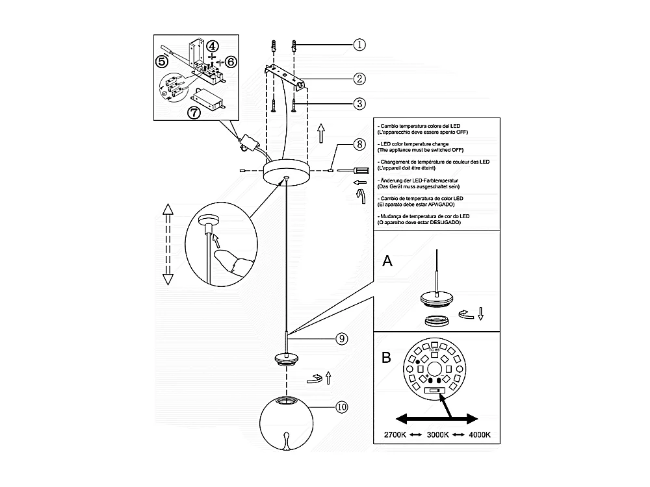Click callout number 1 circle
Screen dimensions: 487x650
360,45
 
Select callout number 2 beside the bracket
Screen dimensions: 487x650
360,79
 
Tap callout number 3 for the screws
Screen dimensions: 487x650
360,103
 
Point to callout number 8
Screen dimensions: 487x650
360,144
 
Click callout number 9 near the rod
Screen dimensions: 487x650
341,338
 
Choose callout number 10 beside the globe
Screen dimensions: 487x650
341,407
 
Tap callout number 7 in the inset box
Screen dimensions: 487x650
193,112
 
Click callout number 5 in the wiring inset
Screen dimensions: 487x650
162,61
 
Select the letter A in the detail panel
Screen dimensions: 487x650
387,260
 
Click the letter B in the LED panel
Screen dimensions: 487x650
386,357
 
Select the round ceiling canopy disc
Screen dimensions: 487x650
285,171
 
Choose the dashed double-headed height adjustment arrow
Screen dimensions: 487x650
167,243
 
